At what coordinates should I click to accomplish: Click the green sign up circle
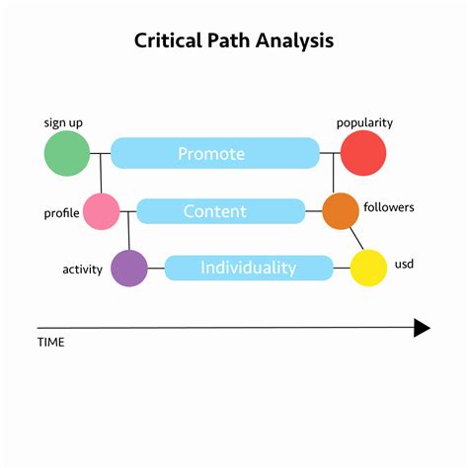[x=67, y=153]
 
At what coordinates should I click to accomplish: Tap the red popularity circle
[x=362, y=153]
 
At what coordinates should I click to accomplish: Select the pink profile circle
[x=101, y=211]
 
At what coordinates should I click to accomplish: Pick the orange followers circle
[x=341, y=210]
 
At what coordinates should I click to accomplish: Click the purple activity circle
[x=129, y=268]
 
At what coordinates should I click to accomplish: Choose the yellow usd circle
[x=368, y=268]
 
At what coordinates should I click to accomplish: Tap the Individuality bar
[x=249, y=268]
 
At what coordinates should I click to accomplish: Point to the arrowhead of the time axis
[x=422, y=328]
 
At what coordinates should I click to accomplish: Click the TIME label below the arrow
[x=50, y=343]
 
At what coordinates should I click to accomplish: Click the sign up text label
[x=63, y=122]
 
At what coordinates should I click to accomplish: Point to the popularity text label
[x=364, y=122]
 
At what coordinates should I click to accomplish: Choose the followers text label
[x=389, y=207]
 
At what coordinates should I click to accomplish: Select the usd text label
[x=404, y=267]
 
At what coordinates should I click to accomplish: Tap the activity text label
[x=82, y=269]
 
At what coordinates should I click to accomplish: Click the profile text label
[x=61, y=213]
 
